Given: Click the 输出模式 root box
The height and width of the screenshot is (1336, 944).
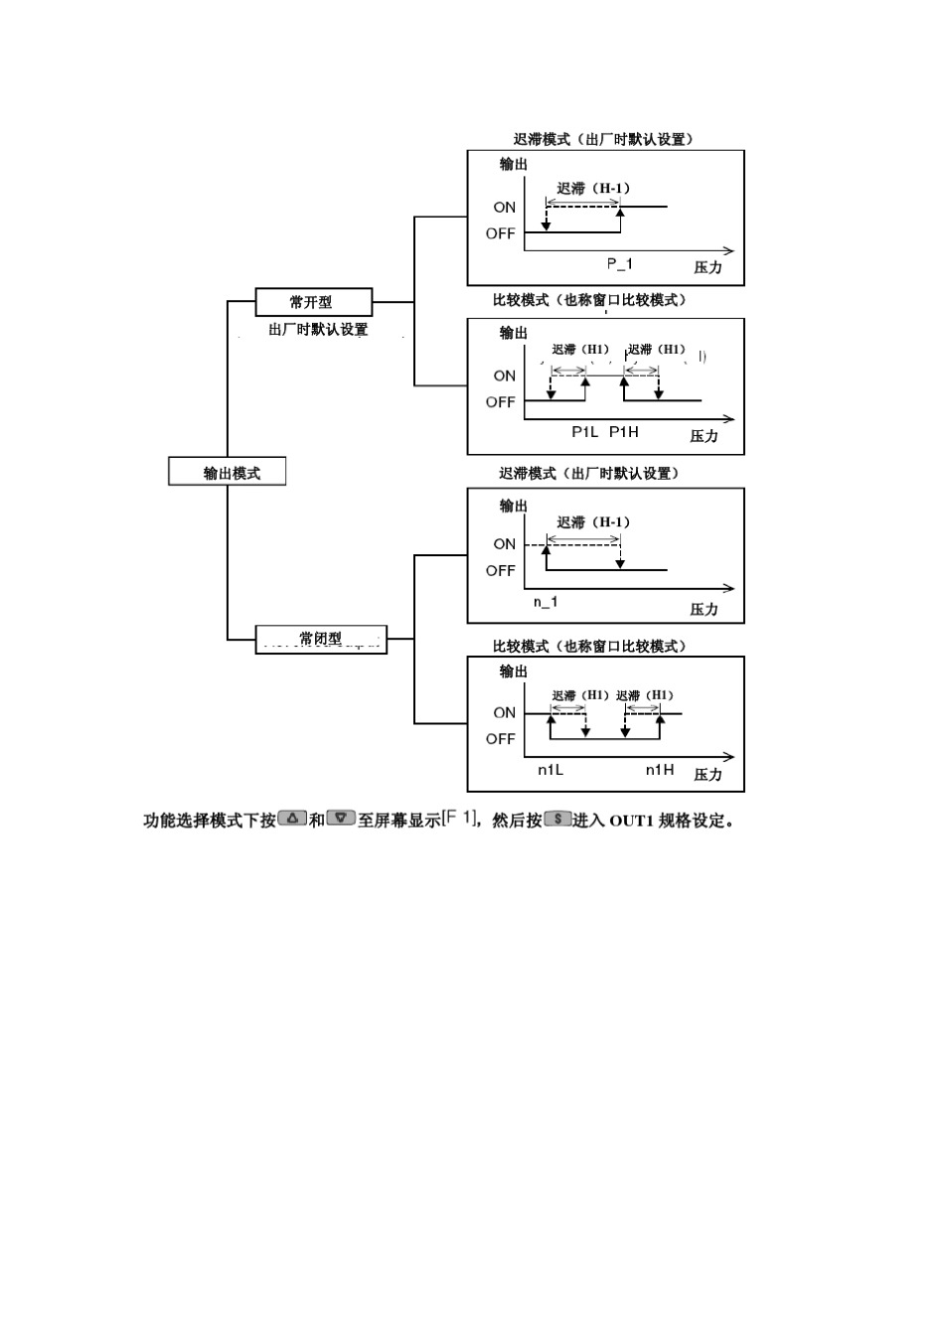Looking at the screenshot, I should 228,472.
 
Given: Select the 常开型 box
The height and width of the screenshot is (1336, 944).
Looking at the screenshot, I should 313,302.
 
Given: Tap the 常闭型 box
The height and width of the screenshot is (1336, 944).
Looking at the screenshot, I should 320,640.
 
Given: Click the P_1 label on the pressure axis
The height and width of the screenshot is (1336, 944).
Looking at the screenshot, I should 620,264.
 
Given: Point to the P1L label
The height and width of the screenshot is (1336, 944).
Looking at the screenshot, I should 585,432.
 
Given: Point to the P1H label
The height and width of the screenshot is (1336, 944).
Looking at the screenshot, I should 624,432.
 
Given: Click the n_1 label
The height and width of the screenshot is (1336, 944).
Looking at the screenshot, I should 546,602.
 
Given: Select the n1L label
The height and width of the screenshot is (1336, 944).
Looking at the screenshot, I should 551,770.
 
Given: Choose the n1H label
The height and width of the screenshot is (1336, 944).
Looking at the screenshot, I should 660,770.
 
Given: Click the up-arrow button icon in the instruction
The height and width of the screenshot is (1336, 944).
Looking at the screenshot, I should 292,818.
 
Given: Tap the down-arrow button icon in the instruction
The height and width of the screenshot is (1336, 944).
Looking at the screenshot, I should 341,818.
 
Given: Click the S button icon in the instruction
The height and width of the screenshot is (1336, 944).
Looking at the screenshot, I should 557,818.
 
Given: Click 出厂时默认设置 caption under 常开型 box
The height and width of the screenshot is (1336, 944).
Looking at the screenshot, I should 318,330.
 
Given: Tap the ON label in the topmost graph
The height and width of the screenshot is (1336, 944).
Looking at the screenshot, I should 505,208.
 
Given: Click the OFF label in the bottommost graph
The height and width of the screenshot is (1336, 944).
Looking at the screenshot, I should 501,739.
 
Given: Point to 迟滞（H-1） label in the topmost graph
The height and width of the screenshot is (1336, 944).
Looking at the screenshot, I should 593,188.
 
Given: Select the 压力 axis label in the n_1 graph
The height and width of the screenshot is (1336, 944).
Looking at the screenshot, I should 705,609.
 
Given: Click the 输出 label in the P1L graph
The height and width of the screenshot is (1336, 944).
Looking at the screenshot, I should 514,333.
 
